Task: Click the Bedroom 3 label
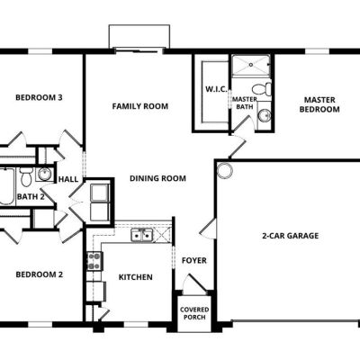(39, 97)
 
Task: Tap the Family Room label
(140, 106)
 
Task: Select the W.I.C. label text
(216, 89)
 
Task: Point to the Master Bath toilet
(262, 89)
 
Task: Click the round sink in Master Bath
(265, 115)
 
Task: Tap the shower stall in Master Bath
(251, 66)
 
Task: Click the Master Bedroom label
(319, 104)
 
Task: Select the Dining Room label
(157, 178)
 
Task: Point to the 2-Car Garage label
(291, 236)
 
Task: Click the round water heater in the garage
(225, 170)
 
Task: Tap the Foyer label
(194, 260)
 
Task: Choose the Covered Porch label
(194, 313)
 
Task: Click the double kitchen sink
(142, 235)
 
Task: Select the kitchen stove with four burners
(94, 261)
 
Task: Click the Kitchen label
(136, 277)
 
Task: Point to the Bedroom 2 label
(40, 274)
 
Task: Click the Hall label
(68, 179)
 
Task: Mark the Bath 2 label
(31, 197)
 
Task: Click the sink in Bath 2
(45, 174)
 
